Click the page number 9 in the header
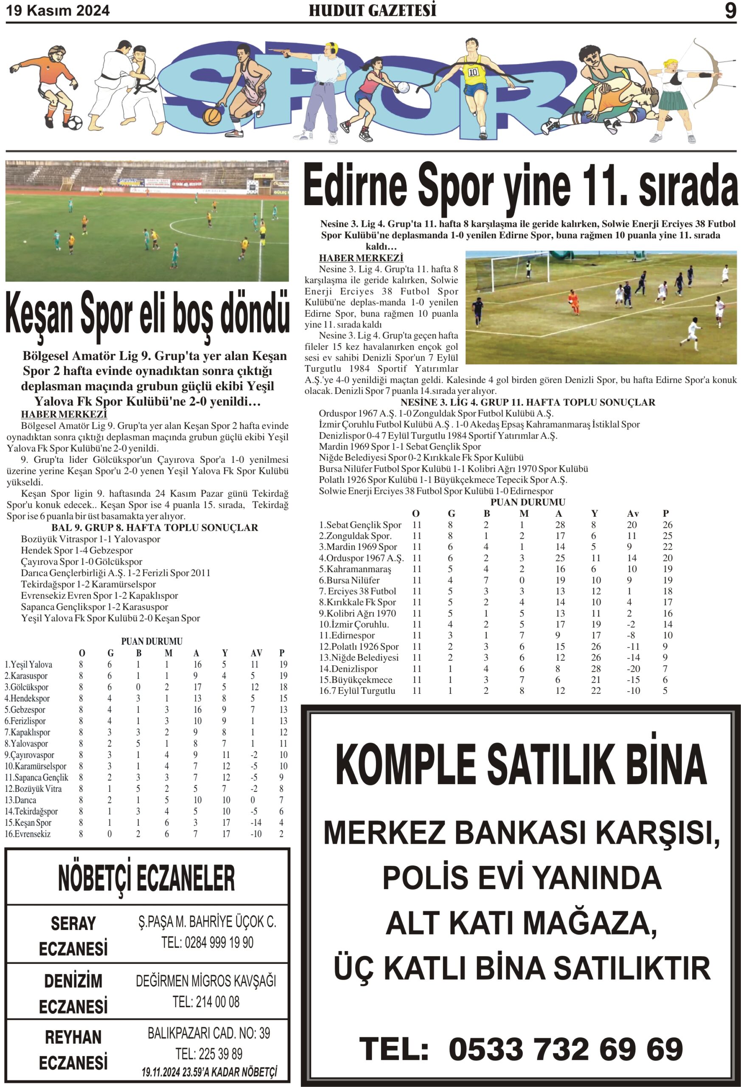730,10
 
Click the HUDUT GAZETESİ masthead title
372,10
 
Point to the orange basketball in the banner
212,115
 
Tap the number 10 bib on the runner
473,72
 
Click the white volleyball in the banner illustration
403,87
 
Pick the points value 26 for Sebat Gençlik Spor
667,525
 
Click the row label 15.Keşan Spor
28,823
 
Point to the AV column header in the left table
256,653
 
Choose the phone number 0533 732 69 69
565,1049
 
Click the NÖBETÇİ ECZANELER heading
146,879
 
